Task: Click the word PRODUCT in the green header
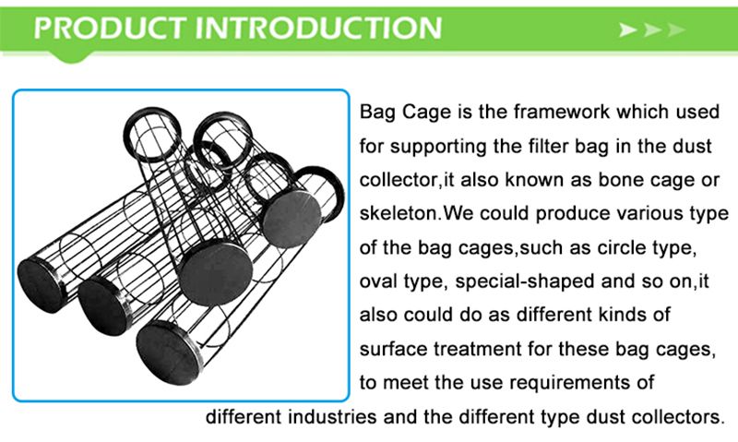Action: pyautogui.click(x=109, y=28)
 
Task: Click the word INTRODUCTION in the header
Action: pyautogui.click(x=317, y=28)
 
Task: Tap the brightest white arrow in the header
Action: pyautogui.click(x=628, y=30)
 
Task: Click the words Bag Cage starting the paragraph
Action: pyautogui.click(x=405, y=113)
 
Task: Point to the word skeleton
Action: pyautogui.click(x=399, y=213)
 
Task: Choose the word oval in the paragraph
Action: pyautogui.click(x=378, y=281)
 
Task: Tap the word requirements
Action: pyautogui.click(x=558, y=383)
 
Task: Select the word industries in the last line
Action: pyautogui.click(x=332, y=416)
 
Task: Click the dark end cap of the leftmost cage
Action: pyautogui.click(x=41, y=285)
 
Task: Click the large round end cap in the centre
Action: pyautogui.click(x=217, y=273)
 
